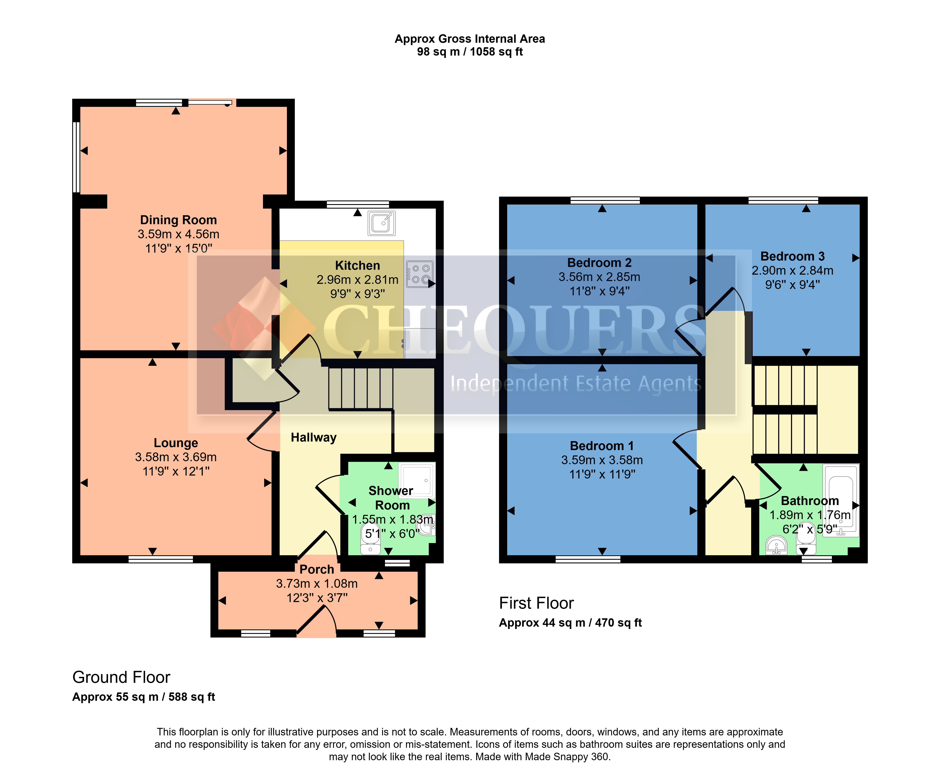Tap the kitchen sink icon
pos(381,223)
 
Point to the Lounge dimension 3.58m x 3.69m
pos(176,457)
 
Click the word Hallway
pos(313,437)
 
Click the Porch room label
pos(317,570)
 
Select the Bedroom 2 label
pos(599,263)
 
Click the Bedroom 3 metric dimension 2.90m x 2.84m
pos(792,270)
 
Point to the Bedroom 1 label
pos(602,446)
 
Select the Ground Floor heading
pos(121,677)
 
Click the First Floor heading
pos(536,603)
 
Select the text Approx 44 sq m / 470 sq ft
pos(570,623)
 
